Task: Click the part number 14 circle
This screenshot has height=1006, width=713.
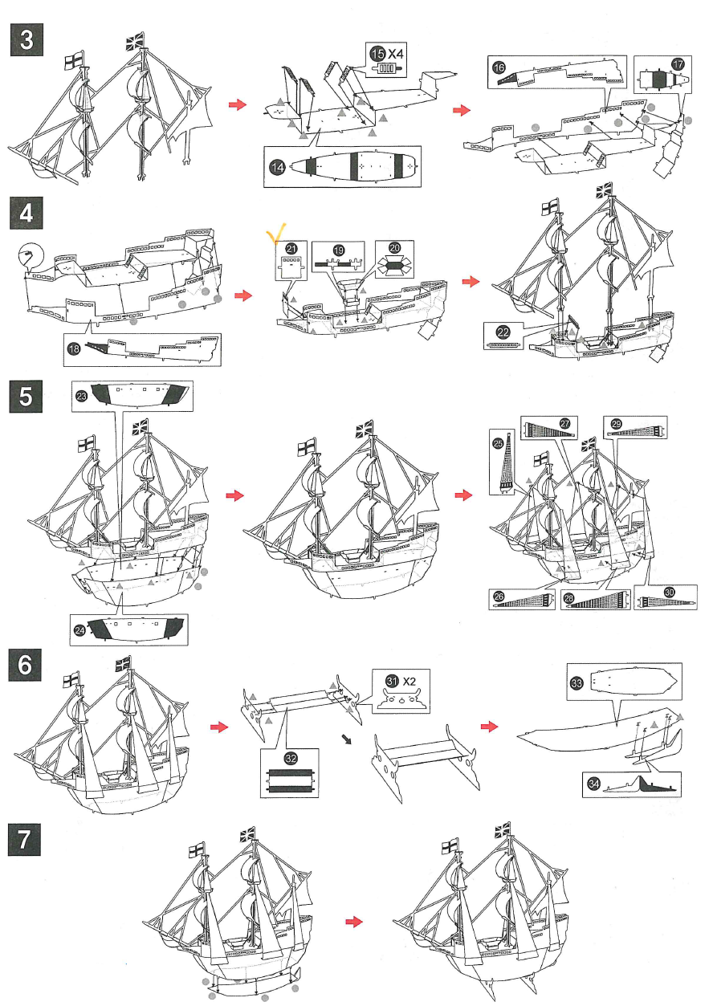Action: coord(278,167)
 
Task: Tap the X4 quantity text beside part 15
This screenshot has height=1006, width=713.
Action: coord(397,52)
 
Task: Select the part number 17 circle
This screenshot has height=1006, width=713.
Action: coord(678,64)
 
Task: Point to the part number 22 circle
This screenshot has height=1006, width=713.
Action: coord(503,332)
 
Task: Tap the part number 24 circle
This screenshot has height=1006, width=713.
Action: coord(80,631)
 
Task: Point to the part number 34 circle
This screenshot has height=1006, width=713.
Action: coord(593,784)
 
